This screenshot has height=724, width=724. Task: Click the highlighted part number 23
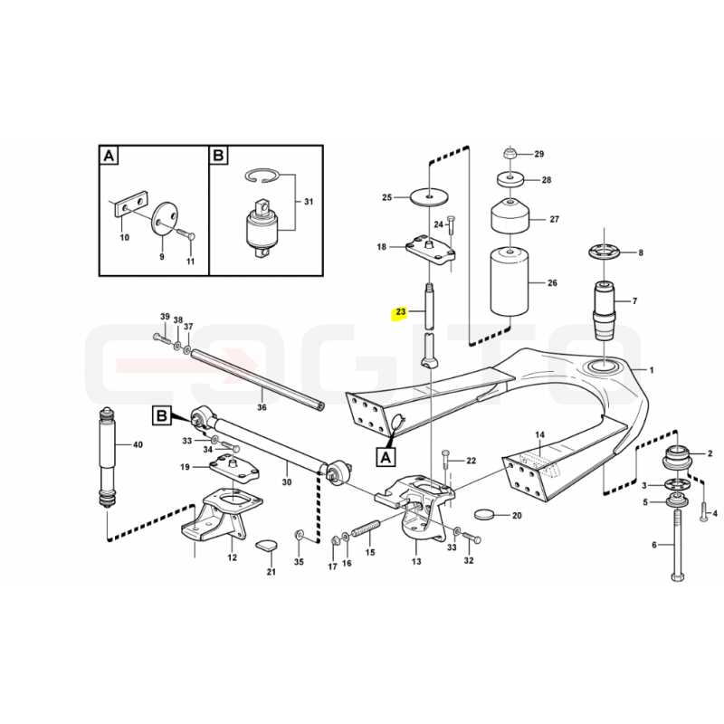(x=400, y=312)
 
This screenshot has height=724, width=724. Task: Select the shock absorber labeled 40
(x=107, y=457)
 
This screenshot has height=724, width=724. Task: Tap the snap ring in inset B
(x=262, y=176)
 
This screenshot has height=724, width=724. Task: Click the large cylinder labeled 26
(x=510, y=281)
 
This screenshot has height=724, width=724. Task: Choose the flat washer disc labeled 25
(x=429, y=197)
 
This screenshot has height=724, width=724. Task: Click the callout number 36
(x=262, y=407)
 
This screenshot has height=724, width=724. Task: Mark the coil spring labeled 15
(x=366, y=529)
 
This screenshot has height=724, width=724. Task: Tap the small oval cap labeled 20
(x=484, y=514)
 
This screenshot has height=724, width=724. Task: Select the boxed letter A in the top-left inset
(x=109, y=156)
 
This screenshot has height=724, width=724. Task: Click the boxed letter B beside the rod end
(x=162, y=415)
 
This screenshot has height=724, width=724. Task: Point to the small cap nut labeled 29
(x=509, y=153)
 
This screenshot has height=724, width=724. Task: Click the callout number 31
(x=309, y=202)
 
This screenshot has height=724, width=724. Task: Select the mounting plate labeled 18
(x=431, y=250)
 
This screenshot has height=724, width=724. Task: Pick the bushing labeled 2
(x=677, y=458)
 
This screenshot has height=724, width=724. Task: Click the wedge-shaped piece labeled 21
(x=267, y=545)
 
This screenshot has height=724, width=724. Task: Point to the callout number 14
(x=539, y=434)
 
